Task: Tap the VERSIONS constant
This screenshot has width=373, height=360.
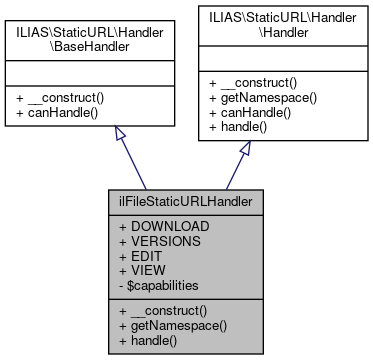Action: click(x=167, y=241)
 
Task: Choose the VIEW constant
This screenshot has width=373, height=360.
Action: click(x=151, y=270)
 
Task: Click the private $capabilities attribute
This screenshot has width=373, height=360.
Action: click(x=168, y=285)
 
